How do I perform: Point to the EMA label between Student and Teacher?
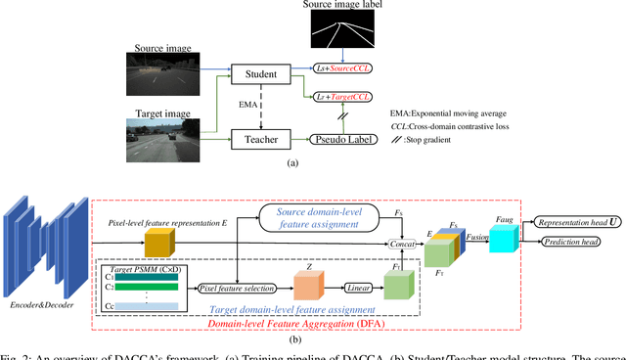[x=248, y=106]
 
